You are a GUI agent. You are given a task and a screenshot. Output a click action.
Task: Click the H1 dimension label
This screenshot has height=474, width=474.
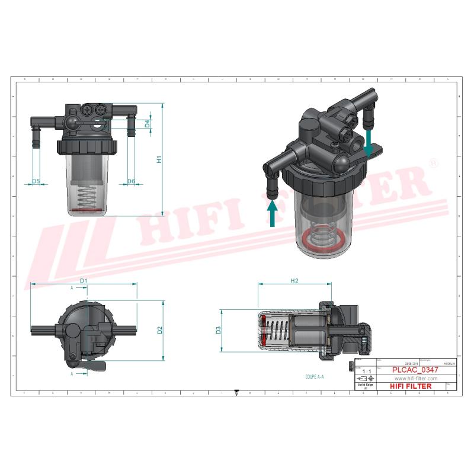pyautogui.click(x=159, y=160)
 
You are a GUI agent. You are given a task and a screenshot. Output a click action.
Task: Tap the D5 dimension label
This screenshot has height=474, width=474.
pyautogui.click(x=36, y=181)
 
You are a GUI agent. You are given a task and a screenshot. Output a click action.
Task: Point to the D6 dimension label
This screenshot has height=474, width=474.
pyautogui.click(x=131, y=181)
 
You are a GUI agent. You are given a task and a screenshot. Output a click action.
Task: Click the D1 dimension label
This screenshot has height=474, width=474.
pyautogui.click(x=84, y=280)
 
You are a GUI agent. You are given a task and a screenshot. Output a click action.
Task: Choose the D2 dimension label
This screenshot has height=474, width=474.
pyautogui.click(x=159, y=330)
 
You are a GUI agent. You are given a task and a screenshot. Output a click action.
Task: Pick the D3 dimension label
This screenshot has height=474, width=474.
pyautogui.click(x=218, y=331)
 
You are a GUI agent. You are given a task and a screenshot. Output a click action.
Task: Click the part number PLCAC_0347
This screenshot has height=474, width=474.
pyautogui.click(x=415, y=369)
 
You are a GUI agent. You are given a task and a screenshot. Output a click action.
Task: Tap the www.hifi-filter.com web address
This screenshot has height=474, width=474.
pyautogui.click(x=415, y=378)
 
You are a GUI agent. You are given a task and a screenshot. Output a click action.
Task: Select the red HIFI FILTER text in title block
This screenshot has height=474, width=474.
pyautogui.click(x=411, y=386)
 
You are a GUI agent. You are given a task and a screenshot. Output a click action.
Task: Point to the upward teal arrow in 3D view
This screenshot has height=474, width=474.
pyautogui.click(x=272, y=213)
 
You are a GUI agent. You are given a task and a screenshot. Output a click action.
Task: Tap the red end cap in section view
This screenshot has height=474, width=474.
pyautogui.click(x=263, y=331)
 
